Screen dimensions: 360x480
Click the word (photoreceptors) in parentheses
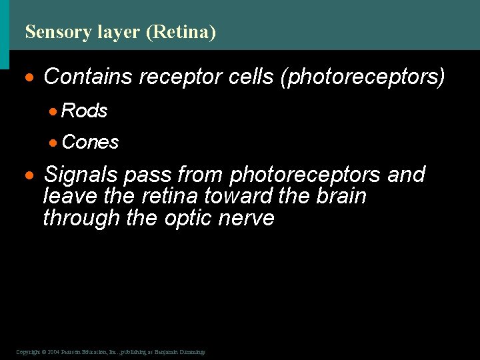(x=362, y=77)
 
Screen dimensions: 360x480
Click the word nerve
(x=248, y=218)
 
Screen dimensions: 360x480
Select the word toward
(x=235, y=197)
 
